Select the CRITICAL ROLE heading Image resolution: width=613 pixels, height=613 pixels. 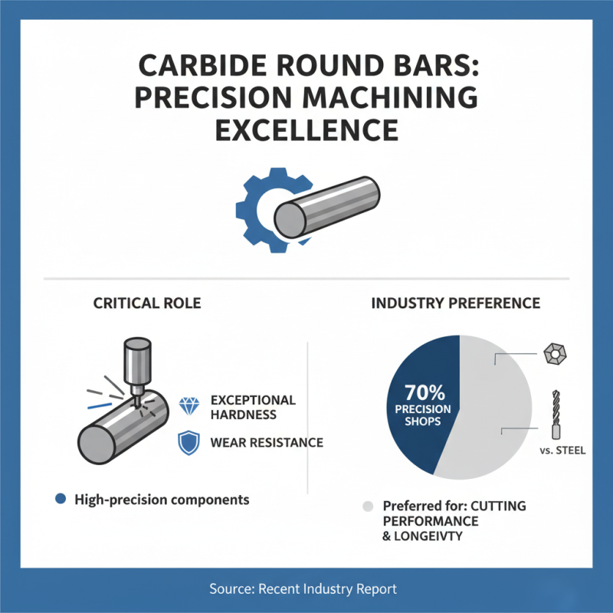pos(147,303)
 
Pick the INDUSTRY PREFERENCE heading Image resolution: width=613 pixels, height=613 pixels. pos(456,303)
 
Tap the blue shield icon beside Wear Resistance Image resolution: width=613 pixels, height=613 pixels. pos(188,442)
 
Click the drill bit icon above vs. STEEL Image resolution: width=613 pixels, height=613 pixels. pos(556,413)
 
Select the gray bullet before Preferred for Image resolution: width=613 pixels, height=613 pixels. pos(368,506)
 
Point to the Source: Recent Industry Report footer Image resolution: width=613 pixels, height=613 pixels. pos(306,589)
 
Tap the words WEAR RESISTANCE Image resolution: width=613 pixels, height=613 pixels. pos(266,442)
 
